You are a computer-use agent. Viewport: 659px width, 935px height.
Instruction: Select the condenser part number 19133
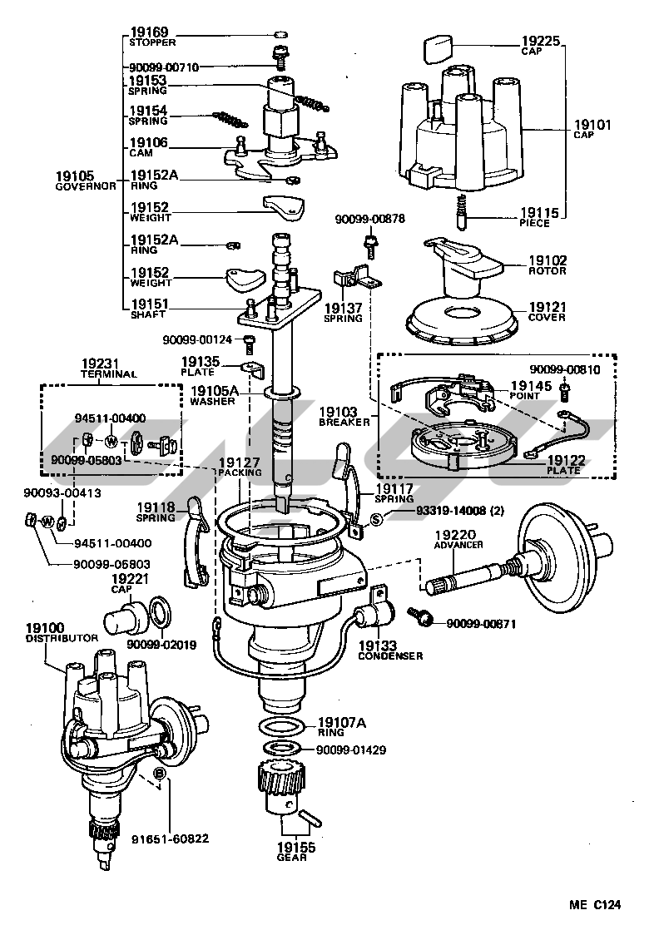click(x=379, y=645)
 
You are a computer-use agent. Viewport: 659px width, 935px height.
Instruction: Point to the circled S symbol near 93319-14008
click(x=375, y=520)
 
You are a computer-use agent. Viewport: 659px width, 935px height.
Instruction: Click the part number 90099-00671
click(x=481, y=623)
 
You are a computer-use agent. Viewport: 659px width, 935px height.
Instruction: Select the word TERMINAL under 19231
click(x=108, y=374)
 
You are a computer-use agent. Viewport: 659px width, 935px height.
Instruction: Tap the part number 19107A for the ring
click(x=341, y=722)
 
